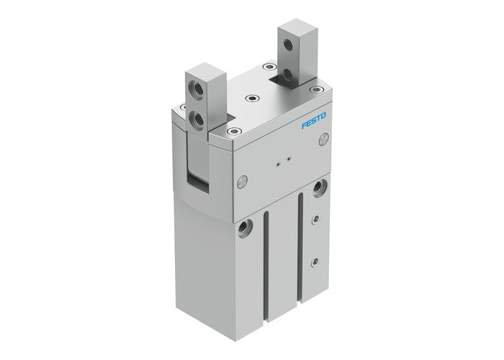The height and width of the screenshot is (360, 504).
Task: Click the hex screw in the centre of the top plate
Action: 250,99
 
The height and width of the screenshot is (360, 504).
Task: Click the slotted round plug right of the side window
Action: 243,178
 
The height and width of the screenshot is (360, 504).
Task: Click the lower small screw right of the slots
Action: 312,261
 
